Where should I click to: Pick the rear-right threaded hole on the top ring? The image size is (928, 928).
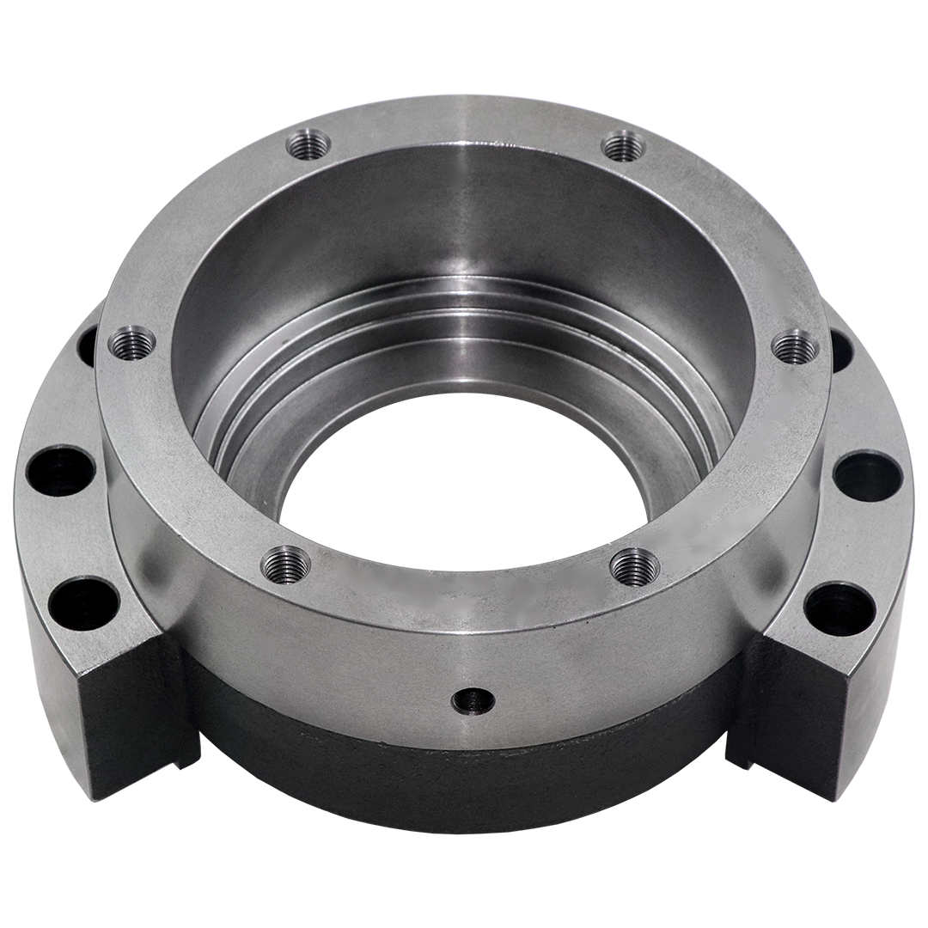tap(624, 145)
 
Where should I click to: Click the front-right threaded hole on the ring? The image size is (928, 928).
tap(635, 566)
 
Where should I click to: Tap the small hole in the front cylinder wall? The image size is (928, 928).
tap(473, 700)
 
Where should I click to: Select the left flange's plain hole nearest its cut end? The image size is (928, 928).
tap(83, 602)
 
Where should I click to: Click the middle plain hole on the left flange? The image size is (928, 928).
tap(60, 470)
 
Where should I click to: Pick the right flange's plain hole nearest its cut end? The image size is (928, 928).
tap(839, 608)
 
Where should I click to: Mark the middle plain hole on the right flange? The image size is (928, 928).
tap(867, 475)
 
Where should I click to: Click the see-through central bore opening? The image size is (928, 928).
tap(464, 507)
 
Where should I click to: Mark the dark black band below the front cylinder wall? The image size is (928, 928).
tap(464, 773)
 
